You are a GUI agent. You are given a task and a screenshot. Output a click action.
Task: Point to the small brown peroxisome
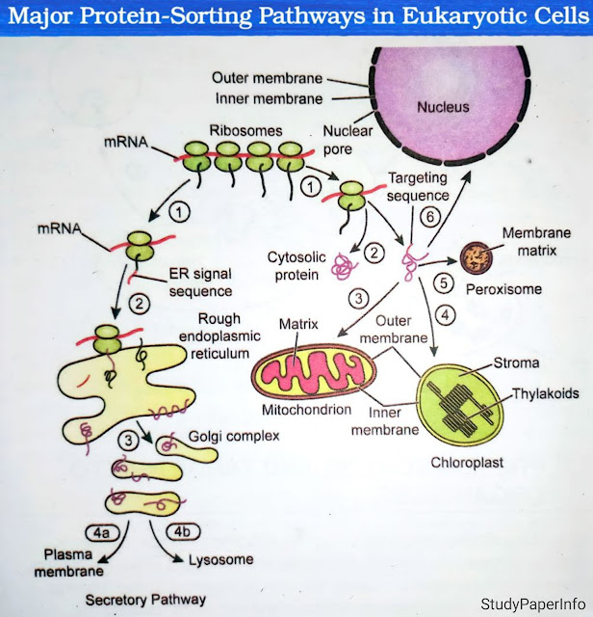point(475,256)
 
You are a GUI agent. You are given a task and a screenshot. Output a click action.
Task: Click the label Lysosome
point(220,560)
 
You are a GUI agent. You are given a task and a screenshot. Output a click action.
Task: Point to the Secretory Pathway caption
point(145,599)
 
